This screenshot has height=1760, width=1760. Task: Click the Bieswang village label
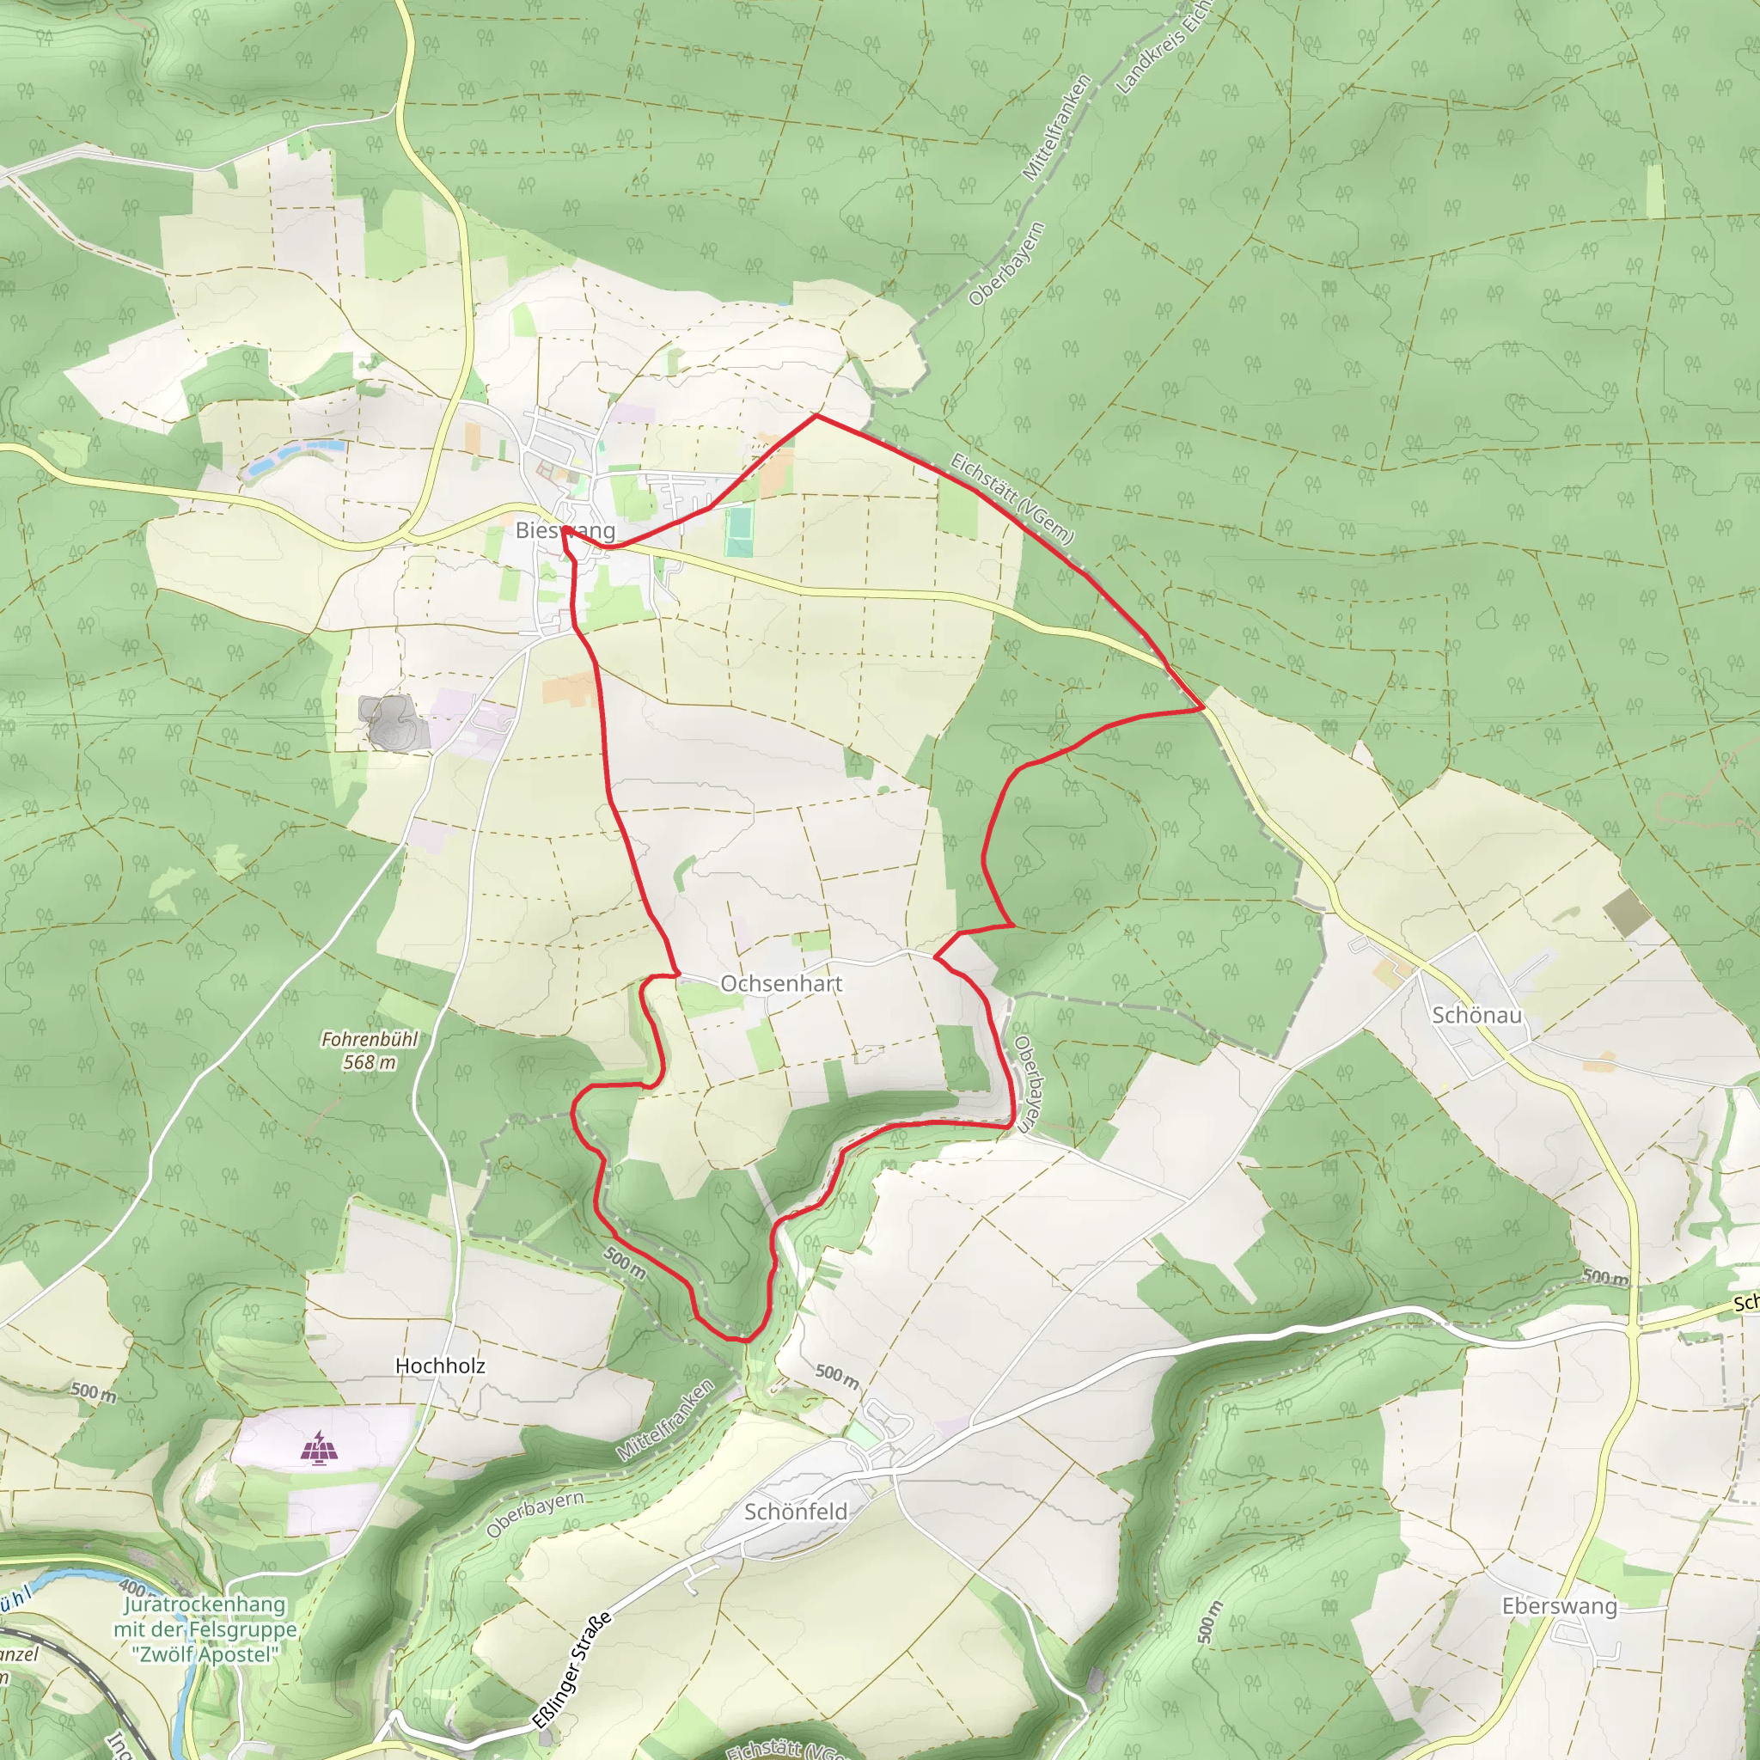[x=565, y=530]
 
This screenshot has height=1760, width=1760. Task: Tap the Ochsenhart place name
[x=780, y=984]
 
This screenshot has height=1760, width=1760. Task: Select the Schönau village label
[x=1476, y=1015]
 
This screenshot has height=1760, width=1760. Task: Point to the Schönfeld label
[x=795, y=1512]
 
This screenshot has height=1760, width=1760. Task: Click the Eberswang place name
[x=1560, y=1606]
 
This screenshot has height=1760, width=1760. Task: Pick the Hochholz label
[x=440, y=1366]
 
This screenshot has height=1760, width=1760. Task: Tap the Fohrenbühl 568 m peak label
[x=369, y=1050]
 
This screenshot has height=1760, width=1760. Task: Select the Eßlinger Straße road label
[x=571, y=1669]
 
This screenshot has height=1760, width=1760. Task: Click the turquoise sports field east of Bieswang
[x=739, y=532]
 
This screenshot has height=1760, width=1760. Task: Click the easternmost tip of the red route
[x=1203, y=707]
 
